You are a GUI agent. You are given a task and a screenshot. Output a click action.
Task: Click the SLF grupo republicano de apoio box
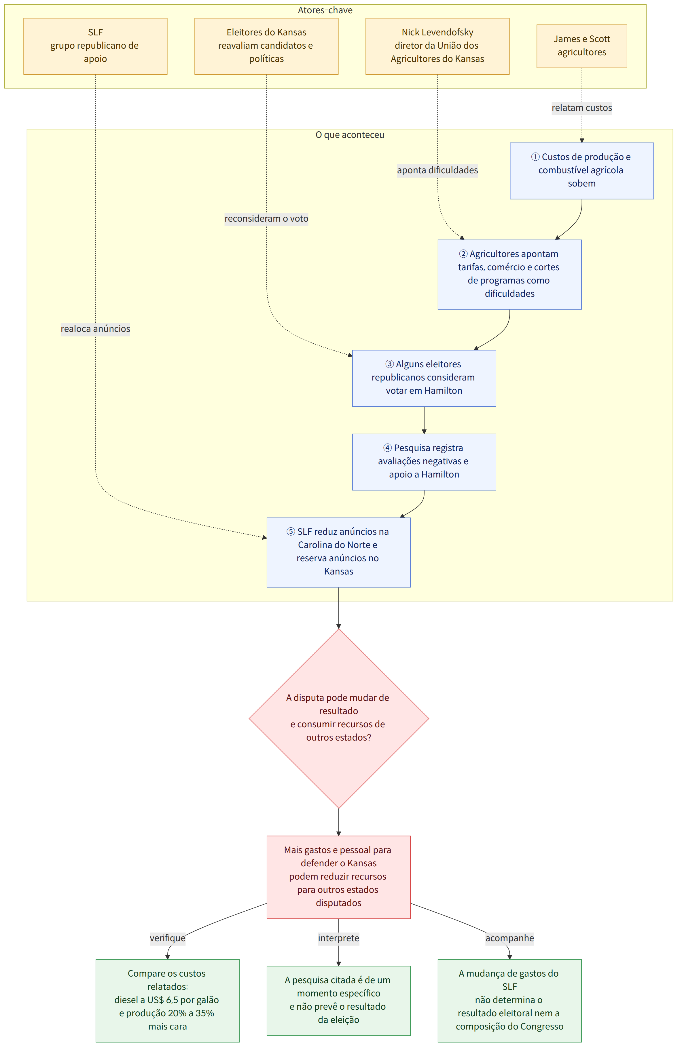[x=95, y=46]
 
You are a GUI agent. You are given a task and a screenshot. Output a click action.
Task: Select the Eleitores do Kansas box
[x=266, y=46]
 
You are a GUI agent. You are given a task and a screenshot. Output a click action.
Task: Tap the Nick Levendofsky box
[x=437, y=46]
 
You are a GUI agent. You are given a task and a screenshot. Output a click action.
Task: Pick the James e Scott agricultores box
[x=582, y=46]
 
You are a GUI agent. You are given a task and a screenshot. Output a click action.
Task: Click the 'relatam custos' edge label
[x=582, y=108]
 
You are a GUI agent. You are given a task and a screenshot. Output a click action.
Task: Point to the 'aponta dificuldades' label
[x=437, y=170]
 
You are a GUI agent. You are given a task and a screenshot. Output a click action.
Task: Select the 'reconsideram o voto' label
[x=266, y=218]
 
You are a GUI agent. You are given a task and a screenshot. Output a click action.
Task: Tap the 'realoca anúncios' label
[x=95, y=329]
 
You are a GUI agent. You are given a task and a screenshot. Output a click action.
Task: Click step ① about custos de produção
[x=582, y=171]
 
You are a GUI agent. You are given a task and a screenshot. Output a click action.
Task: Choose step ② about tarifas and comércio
[x=510, y=274]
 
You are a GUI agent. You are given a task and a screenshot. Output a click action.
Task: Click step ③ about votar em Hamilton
[x=424, y=378]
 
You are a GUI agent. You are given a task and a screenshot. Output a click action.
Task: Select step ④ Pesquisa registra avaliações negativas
[x=424, y=462]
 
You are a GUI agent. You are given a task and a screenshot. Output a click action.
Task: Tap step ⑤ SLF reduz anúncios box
[x=339, y=552]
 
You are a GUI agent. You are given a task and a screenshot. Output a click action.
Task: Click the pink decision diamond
[x=339, y=718]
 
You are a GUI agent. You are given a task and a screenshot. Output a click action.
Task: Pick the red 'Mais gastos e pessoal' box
[x=339, y=877]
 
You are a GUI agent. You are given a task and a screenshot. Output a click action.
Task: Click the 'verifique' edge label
[x=167, y=938]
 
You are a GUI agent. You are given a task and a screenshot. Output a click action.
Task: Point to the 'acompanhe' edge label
[x=510, y=938]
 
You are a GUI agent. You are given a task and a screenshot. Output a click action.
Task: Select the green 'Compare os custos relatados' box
[x=167, y=1000]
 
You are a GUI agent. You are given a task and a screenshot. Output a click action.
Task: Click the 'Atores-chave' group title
[x=325, y=10]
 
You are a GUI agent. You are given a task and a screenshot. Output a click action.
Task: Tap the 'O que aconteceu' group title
[x=350, y=135]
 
